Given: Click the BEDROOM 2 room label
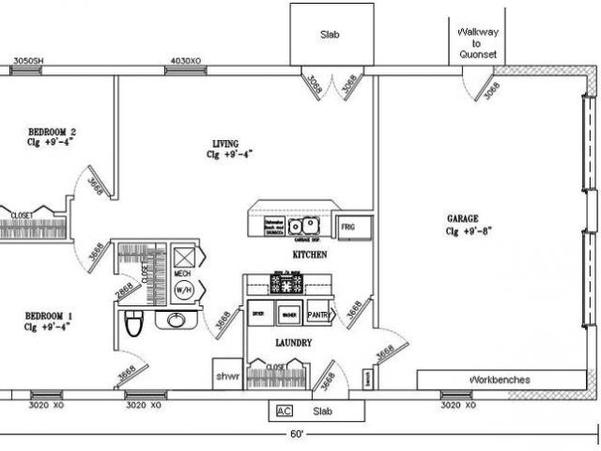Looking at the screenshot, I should [x=52, y=131].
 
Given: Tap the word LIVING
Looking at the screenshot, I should [x=225, y=144].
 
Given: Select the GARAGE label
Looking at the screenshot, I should [x=462, y=218].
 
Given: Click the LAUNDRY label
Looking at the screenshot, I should [x=293, y=344].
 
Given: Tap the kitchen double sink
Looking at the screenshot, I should [x=303, y=225].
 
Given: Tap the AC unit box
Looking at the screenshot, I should [x=283, y=411].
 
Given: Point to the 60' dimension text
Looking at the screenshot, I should [x=297, y=434].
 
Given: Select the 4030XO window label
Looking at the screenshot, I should [x=183, y=63].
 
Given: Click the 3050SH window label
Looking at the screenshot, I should [x=27, y=63].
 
